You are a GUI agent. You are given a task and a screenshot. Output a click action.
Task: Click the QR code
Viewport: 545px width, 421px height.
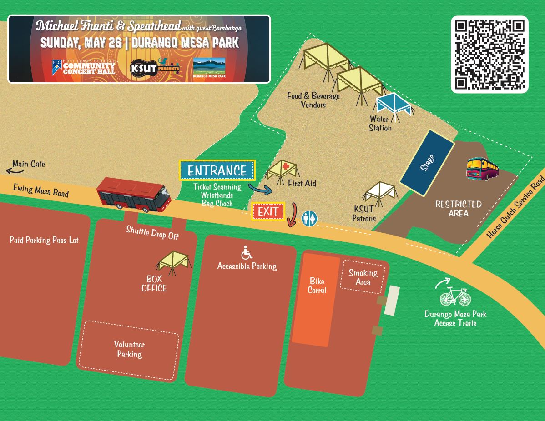[x=489, y=55]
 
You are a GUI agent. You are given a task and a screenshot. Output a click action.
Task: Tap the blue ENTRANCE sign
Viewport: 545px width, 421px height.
[x=217, y=171]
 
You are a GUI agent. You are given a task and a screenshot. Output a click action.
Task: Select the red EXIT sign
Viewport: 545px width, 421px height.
[x=268, y=211]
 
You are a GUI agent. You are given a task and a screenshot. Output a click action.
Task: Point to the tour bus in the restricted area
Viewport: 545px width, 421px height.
[x=482, y=168]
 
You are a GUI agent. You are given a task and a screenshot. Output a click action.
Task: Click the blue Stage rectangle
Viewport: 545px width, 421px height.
[x=427, y=163]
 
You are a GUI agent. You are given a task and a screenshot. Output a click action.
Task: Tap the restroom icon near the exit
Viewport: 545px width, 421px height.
[x=310, y=218]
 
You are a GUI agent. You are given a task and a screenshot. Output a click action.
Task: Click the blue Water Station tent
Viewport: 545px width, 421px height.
[x=394, y=105]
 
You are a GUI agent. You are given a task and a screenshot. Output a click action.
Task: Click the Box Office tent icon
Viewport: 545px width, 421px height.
[x=173, y=262]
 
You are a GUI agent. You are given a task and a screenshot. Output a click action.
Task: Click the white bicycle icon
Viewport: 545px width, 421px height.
[x=455, y=296]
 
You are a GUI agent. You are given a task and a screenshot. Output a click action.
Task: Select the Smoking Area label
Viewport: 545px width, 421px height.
[x=363, y=277]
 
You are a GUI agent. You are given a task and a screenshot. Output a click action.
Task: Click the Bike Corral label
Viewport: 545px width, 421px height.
[x=317, y=286]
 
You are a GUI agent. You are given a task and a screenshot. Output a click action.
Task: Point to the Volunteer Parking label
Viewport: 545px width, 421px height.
[x=129, y=349]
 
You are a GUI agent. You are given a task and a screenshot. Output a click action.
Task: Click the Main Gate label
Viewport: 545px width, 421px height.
[x=29, y=164]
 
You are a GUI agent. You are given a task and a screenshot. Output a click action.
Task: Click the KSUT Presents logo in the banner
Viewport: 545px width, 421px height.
[x=155, y=68]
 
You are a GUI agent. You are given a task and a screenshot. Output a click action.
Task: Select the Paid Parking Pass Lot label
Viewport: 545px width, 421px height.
[x=44, y=240]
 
